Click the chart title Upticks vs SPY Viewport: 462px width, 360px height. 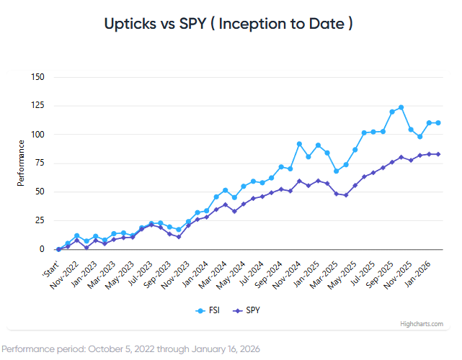pyautogui.click(x=231, y=23)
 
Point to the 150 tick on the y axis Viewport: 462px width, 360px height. pyautogui.click(x=37, y=77)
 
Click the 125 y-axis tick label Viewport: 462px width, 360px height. pyautogui.click(x=37, y=106)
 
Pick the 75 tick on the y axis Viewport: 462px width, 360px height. pyautogui.click(x=40, y=163)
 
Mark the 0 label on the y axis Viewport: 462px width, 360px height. pyautogui.click(x=42, y=249)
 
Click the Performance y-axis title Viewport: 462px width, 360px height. pyautogui.click(x=21, y=167)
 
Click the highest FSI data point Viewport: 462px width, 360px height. pyautogui.click(x=401, y=107)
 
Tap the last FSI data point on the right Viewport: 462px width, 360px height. pyautogui.click(x=438, y=122)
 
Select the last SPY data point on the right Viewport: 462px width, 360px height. pyautogui.click(x=438, y=154)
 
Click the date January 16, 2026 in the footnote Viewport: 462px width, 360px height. pyautogui.click(x=218, y=348)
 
